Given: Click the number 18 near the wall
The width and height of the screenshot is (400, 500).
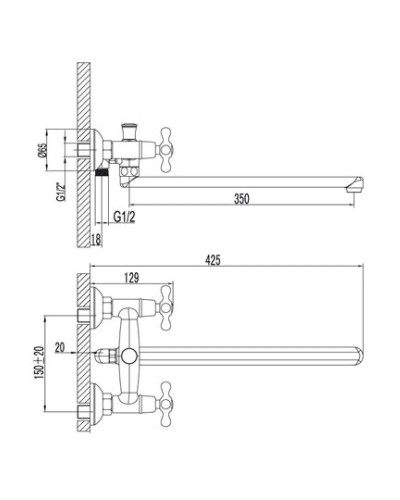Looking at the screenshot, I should (96, 240).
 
